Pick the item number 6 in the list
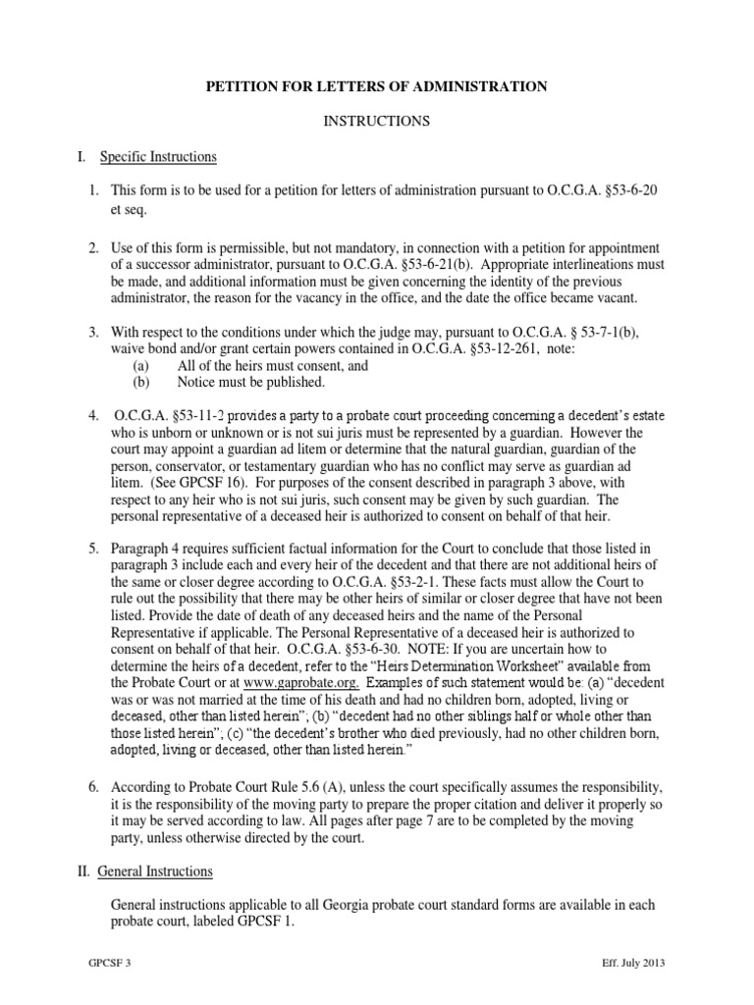tap(94, 787)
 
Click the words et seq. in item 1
tap(128, 209)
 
